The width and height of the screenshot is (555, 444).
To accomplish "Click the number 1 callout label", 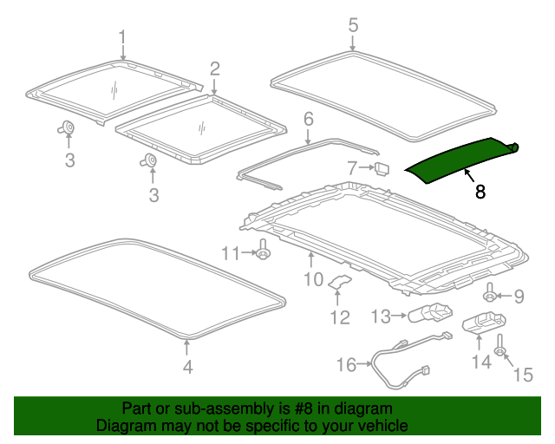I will tap(122, 36).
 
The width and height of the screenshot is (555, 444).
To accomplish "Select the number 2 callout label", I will tap(214, 69).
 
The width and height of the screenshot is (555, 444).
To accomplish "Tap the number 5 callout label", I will tap(353, 25).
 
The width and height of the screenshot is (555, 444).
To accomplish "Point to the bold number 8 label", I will tap(480, 193).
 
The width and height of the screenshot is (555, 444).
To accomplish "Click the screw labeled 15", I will tap(500, 351).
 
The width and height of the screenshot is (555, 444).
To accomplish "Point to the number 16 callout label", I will tap(346, 365).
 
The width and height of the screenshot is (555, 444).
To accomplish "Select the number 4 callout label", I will tap(187, 369).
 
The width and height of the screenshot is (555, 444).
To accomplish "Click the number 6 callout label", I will tap(308, 118).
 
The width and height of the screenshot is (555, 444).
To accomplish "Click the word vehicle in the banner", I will tap(376, 426).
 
